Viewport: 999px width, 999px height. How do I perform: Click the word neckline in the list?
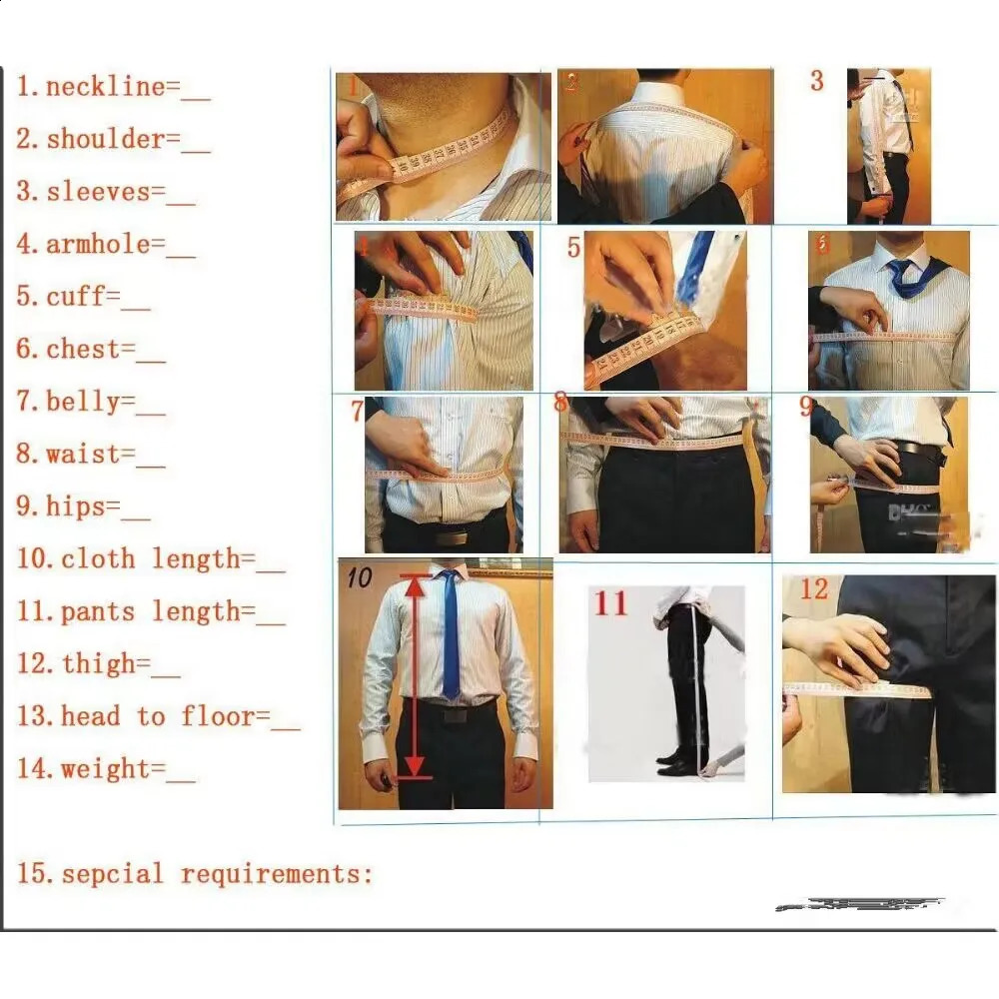[x=105, y=87]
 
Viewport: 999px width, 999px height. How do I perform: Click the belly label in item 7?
[x=90, y=403]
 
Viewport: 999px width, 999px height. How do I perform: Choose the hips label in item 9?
[x=83, y=506]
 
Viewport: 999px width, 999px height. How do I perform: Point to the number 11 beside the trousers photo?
[x=611, y=604]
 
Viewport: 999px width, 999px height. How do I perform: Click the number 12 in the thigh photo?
[x=814, y=589]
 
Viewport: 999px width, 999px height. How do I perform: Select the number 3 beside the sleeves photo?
[x=817, y=82]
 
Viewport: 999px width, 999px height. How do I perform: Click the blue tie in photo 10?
[x=450, y=634]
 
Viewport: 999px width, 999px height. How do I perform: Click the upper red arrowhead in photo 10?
[x=414, y=587]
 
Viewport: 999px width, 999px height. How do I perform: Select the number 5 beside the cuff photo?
[x=573, y=247]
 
